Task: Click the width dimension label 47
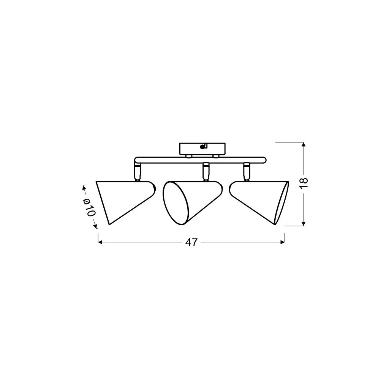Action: click(191, 242)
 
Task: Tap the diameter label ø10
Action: click(90, 207)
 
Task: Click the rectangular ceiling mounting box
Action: click(202, 149)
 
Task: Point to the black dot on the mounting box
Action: click(202, 147)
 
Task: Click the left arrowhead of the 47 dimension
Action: click(100, 242)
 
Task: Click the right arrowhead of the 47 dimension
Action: click(283, 242)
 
